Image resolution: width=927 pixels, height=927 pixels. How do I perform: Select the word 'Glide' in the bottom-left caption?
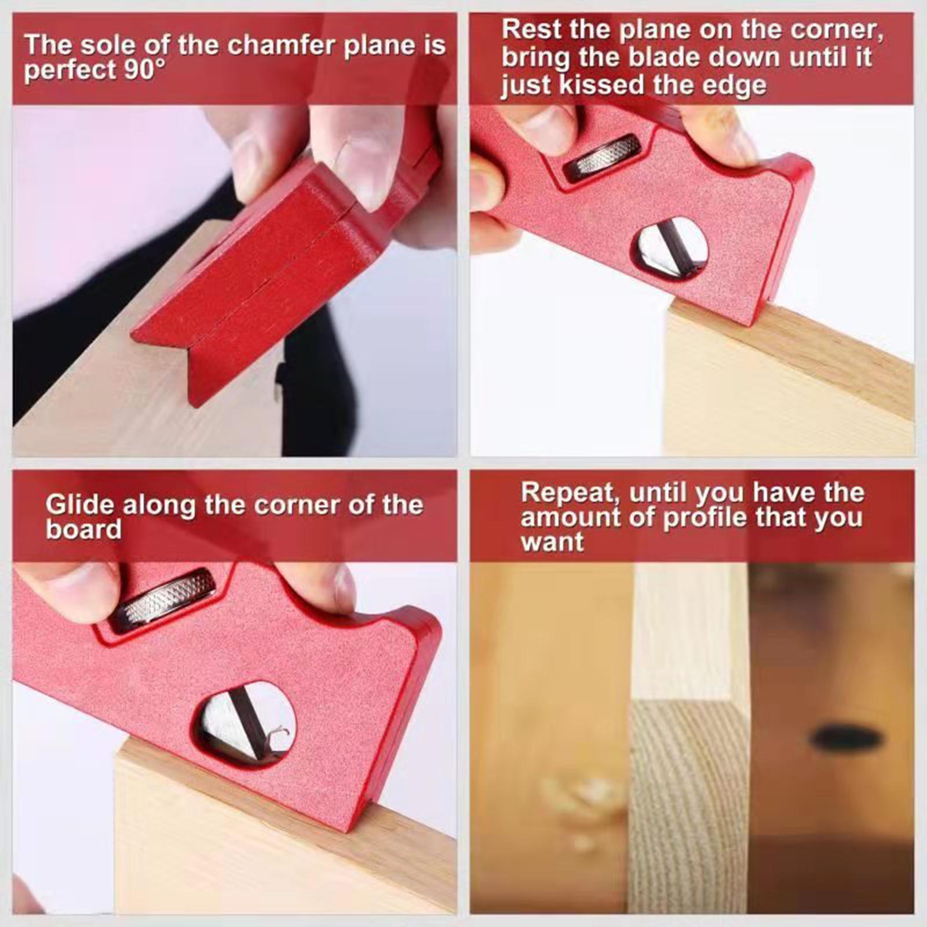tap(80, 505)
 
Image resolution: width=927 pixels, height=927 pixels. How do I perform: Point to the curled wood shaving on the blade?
tap(278, 733)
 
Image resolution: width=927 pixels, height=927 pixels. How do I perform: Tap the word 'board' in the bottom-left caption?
tap(83, 530)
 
